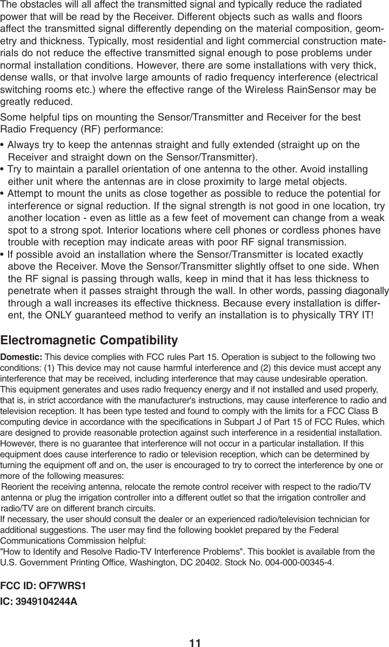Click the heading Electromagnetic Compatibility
[x=89, y=341]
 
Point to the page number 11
[x=194, y=642]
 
